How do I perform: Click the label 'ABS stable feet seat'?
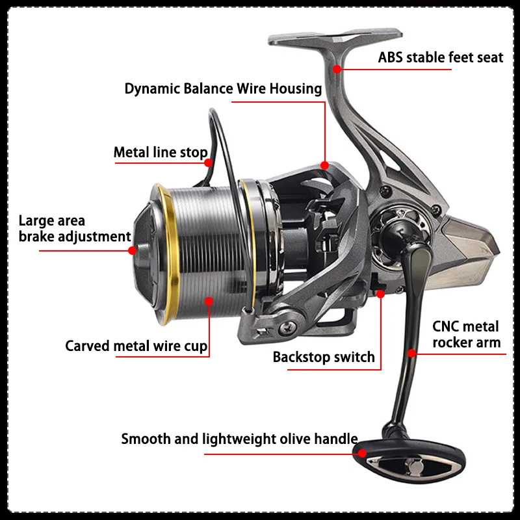pyautogui.click(x=441, y=57)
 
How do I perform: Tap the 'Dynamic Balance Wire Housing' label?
pyautogui.click(x=223, y=89)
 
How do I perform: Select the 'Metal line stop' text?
pyautogui.click(x=161, y=153)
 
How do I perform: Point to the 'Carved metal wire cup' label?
pyautogui.click(x=136, y=346)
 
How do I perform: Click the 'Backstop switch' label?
pyautogui.click(x=324, y=357)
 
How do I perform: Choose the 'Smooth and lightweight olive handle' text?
pyautogui.click(x=239, y=439)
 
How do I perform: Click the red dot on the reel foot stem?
pyautogui.click(x=337, y=69)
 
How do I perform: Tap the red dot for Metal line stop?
pyautogui.click(x=208, y=163)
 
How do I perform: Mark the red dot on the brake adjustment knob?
pyautogui.click(x=133, y=250)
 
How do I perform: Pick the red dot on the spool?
pyautogui.click(x=209, y=301)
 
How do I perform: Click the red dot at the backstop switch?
pyautogui.click(x=380, y=294)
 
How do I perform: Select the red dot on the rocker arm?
pyautogui.click(x=411, y=353)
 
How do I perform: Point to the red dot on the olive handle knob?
pyautogui.click(x=362, y=453)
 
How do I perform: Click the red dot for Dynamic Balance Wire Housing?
pyautogui.click(x=324, y=165)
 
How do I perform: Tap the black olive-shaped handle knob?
pyautogui.click(x=409, y=461)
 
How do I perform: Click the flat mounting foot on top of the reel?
pyautogui.click(x=335, y=37)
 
